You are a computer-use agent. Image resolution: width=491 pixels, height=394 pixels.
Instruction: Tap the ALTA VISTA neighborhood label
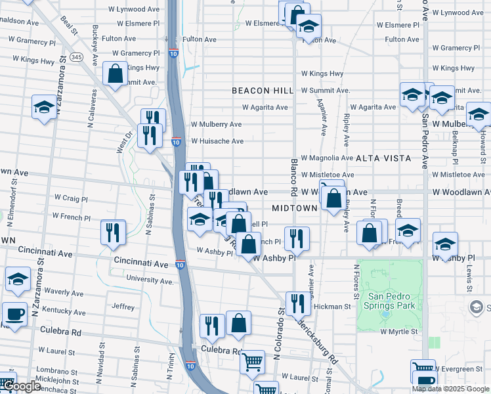click(383, 158)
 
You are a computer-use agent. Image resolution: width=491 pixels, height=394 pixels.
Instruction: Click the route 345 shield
click(77, 58)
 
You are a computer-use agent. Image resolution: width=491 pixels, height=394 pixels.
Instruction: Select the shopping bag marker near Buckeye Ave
click(116, 74)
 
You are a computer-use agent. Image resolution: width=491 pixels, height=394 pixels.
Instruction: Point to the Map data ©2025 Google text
click(450, 389)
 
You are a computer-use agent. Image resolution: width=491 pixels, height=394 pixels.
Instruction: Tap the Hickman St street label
click(332, 307)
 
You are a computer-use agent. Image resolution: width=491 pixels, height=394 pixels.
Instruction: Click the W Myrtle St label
click(399, 332)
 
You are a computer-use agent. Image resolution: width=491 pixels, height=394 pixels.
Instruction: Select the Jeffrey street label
click(123, 307)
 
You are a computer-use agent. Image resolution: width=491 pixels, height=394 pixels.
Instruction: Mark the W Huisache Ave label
click(217, 141)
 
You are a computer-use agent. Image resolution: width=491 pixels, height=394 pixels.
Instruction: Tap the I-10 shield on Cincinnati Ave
click(180, 265)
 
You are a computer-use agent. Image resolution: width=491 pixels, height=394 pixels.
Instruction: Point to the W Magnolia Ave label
click(328, 158)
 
